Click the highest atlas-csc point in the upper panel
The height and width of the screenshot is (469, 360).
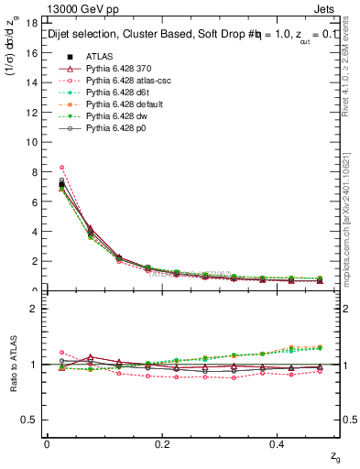[x=61, y=168]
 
